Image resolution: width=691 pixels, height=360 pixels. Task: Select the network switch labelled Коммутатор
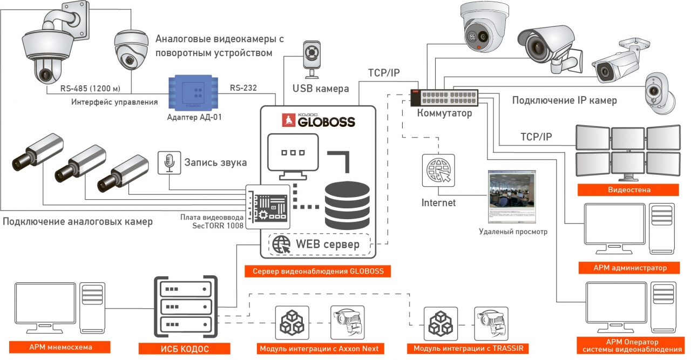point(444,98)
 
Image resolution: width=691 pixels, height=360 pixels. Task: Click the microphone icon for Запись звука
point(169,162)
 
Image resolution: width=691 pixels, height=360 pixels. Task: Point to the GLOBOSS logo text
point(319,121)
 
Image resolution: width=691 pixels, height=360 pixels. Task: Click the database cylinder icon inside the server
point(347,206)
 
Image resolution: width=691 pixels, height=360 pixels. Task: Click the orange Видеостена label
point(629,190)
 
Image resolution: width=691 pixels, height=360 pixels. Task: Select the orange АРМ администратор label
point(629,268)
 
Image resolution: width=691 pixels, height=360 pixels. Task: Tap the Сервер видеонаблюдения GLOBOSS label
point(318,271)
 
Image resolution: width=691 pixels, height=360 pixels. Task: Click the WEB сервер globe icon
point(281,244)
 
